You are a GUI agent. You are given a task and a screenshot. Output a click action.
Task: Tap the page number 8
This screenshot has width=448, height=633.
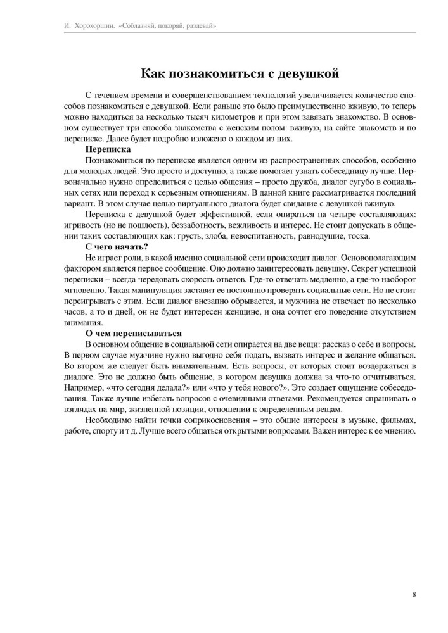(413, 594)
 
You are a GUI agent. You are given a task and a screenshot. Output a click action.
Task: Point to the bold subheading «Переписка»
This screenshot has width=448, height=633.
(107, 149)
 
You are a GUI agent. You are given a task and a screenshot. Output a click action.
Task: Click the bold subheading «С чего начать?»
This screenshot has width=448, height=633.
(117, 246)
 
